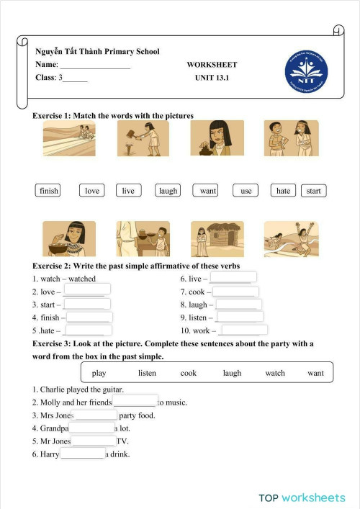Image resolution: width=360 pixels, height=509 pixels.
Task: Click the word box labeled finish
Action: tap(49, 191)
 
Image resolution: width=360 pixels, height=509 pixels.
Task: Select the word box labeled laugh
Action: tap(168, 191)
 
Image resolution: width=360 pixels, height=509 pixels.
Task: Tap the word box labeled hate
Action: tap(283, 191)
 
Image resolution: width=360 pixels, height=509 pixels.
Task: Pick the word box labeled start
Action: tap(313, 191)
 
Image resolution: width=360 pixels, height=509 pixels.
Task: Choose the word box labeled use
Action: tap(246, 191)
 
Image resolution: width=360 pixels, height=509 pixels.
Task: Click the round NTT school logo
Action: tap(307, 74)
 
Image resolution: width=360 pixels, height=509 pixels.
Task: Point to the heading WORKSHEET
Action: tap(212, 65)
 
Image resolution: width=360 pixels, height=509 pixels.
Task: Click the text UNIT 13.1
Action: tap(212, 78)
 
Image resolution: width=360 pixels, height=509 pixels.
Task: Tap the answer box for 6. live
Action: tap(233, 278)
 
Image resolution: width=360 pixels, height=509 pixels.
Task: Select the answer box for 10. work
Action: tap(244, 330)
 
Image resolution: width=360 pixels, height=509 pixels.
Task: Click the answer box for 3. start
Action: tap(87, 304)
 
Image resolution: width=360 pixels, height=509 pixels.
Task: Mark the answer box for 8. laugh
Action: tap(238, 305)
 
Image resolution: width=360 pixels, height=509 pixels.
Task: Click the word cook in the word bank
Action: tap(189, 373)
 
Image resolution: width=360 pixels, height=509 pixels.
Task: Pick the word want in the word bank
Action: tap(315, 373)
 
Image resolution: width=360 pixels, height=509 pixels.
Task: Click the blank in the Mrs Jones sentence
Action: tap(94, 415)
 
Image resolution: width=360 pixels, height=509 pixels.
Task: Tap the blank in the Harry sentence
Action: tap(83, 454)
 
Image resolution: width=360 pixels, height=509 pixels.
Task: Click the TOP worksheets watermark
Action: tap(302, 497)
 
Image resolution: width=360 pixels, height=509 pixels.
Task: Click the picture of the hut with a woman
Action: tap(217, 238)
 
